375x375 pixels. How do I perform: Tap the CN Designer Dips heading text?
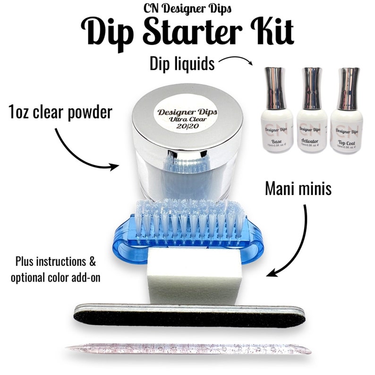pyautogui.click(x=187, y=8)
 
